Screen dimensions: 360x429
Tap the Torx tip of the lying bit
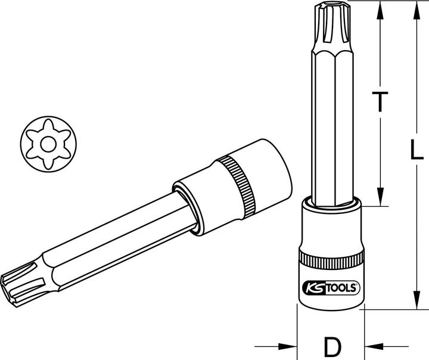pos(21,280)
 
